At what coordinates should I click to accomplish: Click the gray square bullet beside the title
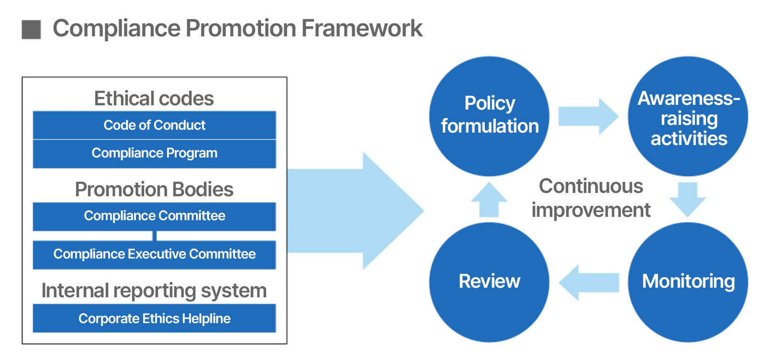point(32,29)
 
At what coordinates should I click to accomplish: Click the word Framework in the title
point(362,28)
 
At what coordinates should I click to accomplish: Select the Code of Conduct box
point(154,125)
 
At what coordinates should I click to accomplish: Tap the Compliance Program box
point(154,153)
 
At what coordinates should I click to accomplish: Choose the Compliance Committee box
point(154,216)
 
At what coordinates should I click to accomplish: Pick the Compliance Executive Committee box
point(154,254)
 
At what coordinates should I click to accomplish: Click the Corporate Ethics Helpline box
point(154,318)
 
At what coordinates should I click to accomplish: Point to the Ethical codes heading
point(154,99)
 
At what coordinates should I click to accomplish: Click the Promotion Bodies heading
point(154,190)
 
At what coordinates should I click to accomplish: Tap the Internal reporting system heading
point(154,291)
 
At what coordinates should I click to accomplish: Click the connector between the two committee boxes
point(155,236)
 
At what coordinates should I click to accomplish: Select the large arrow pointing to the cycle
point(354,211)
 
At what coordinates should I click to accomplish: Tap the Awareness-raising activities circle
point(688,117)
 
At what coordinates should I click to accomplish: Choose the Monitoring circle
point(688,282)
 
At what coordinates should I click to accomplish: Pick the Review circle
point(489,282)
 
